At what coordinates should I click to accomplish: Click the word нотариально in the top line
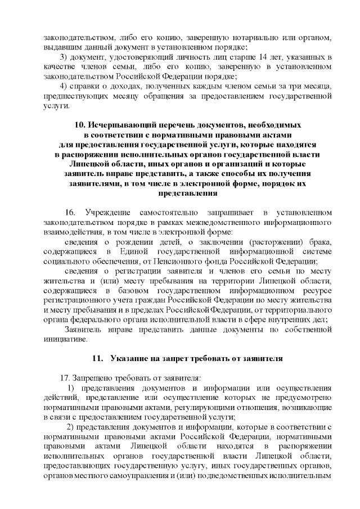coord(254,37)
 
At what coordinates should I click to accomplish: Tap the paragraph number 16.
coord(70,213)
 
